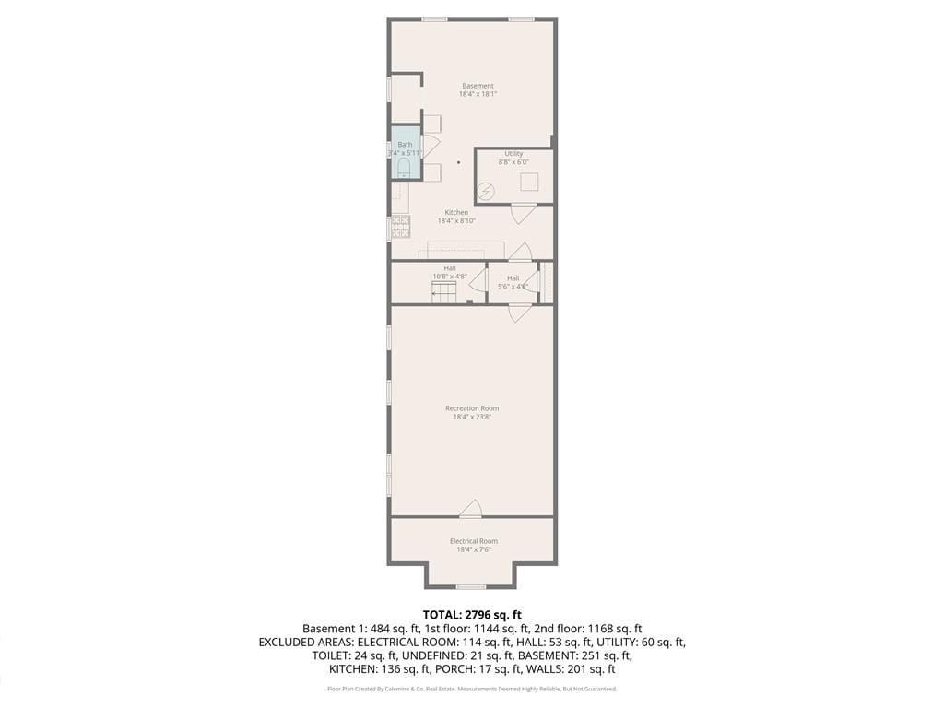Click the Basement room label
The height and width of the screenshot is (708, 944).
(x=478, y=86)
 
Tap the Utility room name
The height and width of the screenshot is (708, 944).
(x=513, y=153)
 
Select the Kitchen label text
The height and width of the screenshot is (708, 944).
(x=456, y=212)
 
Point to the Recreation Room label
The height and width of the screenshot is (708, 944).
(x=472, y=407)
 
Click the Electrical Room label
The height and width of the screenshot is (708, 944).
(x=473, y=541)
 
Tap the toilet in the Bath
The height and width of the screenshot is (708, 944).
(x=404, y=167)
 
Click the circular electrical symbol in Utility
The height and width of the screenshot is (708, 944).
(x=486, y=191)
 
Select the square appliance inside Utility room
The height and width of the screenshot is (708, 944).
(x=528, y=182)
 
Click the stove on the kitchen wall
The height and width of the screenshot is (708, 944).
(x=400, y=227)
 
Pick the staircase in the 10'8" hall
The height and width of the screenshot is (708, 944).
(x=444, y=292)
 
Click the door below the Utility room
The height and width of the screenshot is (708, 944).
(x=523, y=213)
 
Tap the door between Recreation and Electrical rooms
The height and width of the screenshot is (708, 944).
(x=471, y=508)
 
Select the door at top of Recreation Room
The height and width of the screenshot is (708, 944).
(x=520, y=313)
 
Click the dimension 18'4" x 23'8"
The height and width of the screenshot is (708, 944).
(x=472, y=418)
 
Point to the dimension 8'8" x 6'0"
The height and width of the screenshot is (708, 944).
(x=513, y=162)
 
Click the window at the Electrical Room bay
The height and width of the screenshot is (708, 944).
(x=471, y=586)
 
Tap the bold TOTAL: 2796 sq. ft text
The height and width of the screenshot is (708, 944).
(x=472, y=614)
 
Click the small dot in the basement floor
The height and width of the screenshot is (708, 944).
(x=458, y=161)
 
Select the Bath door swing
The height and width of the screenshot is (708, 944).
(x=430, y=145)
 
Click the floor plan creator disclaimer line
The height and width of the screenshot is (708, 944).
(x=472, y=689)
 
